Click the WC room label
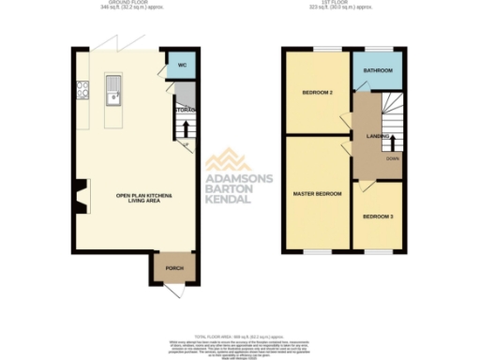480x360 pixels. [182, 67]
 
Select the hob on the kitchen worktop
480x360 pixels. [81, 92]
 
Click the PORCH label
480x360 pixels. [174, 268]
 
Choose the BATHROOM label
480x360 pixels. [377, 70]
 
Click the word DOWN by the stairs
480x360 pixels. [392, 158]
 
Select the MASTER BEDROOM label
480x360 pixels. [316, 195]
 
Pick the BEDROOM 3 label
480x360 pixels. [379, 217]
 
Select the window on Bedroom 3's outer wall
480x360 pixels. [379, 252]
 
